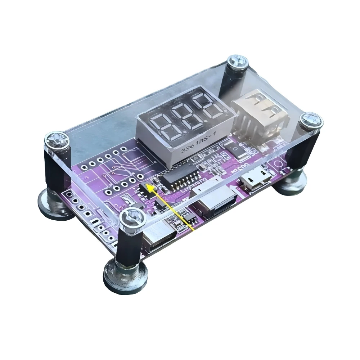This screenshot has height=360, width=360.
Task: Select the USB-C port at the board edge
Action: pos(158,239)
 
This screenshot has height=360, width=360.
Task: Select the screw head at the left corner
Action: pos(55,139)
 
